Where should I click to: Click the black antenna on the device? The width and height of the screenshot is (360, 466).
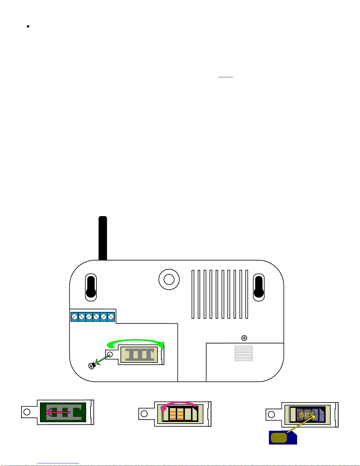tap(103, 238)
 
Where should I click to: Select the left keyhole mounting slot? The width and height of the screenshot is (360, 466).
tap(91, 287)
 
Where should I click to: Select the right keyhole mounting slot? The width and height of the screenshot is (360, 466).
tap(259, 287)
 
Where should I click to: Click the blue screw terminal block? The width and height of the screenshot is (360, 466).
tap(93, 317)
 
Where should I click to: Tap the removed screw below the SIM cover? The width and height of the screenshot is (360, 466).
tap(92, 366)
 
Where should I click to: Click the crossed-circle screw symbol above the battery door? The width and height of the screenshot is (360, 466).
tap(244, 338)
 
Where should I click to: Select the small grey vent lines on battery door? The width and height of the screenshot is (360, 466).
tap(244, 353)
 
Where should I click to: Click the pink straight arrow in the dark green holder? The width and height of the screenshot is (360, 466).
tap(57, 412)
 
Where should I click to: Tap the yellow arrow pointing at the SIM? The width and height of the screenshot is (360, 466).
tap(302, 424)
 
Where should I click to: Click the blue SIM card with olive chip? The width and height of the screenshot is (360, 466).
tap(283, 437)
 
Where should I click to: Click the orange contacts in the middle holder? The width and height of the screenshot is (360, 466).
tap(176, 415)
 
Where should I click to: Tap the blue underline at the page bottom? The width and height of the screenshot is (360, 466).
tap(58, 463)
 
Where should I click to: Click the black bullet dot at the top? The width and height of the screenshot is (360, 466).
tap(28, 26)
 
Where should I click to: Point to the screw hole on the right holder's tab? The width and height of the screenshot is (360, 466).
tap(271, 415)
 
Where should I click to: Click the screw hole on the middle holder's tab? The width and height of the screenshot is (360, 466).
tap(144, 414)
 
